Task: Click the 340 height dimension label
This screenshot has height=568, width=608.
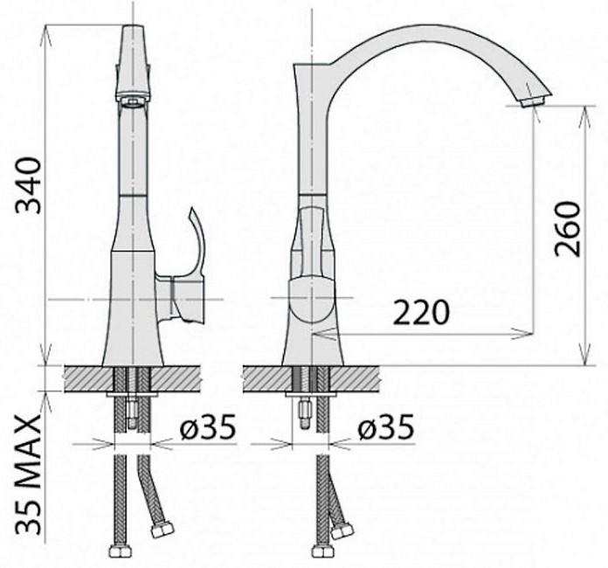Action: pos(28,185)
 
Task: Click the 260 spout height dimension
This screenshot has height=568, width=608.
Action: pos(568,229)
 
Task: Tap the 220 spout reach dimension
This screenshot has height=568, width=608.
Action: pos(421,313)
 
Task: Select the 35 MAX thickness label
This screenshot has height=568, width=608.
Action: pos(28,474)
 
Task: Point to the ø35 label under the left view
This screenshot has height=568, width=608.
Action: pos(208,427)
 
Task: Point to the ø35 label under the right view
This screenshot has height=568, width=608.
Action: pos(386,427)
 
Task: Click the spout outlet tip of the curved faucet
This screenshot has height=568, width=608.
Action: pos(533,102)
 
